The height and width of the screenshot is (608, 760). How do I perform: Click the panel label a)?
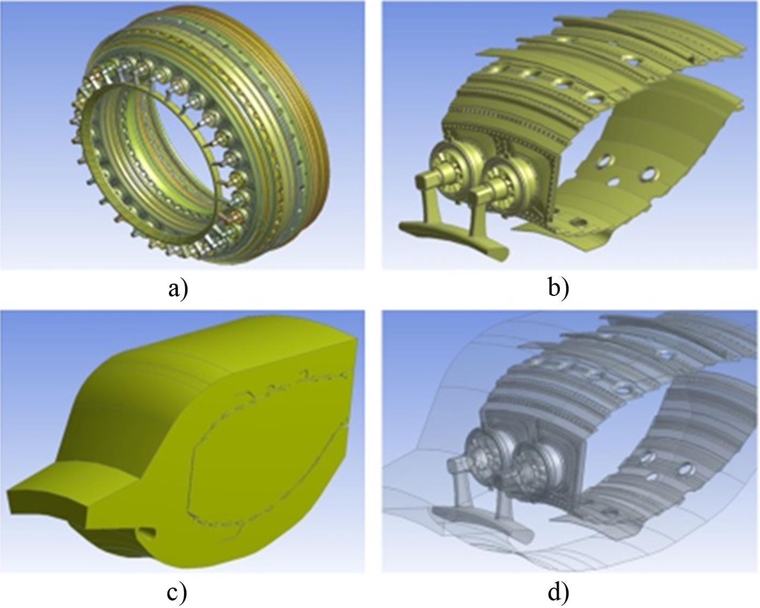(178, 289)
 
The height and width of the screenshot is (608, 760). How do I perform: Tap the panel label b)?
(558, 289)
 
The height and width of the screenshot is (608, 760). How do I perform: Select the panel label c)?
(177, 593)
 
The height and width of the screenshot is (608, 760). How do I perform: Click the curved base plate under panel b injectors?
(456, 241)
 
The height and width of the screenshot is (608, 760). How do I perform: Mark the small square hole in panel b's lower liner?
(578, 222)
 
